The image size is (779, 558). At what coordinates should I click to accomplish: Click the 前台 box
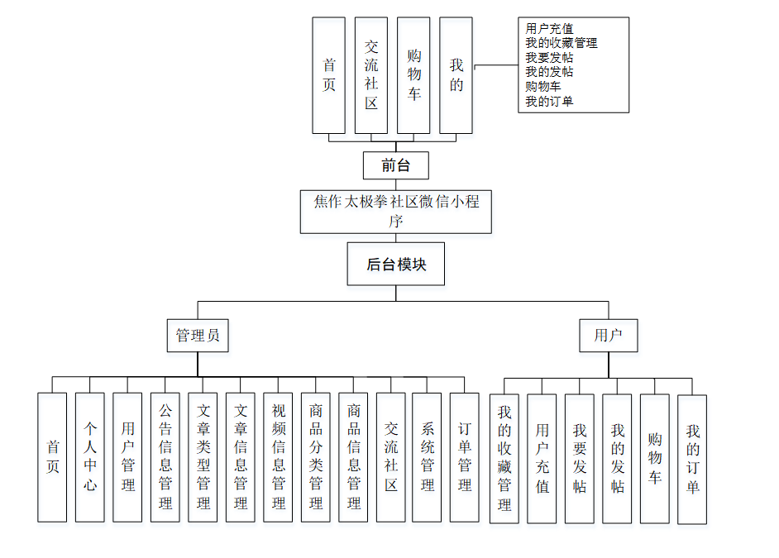click(396, 165)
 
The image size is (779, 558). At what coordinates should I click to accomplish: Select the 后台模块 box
click(396, 265)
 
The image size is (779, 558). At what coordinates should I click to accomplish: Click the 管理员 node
click(198, 336)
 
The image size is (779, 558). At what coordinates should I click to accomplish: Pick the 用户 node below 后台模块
click(609, 336)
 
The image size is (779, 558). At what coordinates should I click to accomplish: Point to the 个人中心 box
click(90, 457)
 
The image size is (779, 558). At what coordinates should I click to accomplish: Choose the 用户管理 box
click(127, 457)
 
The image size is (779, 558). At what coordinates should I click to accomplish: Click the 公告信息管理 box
click(165, 457)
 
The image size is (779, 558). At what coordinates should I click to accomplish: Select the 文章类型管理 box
click(203, 457)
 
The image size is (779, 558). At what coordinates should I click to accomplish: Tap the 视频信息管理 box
click(278, 457)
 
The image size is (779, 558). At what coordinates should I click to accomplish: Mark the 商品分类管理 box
click(316, 457)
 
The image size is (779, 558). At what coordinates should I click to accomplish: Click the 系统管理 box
click(427, 457)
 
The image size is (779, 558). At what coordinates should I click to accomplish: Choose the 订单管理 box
click(465, 457)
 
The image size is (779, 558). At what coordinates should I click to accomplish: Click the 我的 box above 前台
click(456, 75)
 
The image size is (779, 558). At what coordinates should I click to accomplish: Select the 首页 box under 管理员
click(52, 457)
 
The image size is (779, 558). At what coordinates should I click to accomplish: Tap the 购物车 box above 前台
click(413, 75)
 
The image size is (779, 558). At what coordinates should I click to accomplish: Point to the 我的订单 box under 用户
click(692, 459)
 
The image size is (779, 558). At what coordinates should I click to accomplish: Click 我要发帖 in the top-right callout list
click(549, 58)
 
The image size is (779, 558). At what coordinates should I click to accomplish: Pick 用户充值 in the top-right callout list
click(549, 28)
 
